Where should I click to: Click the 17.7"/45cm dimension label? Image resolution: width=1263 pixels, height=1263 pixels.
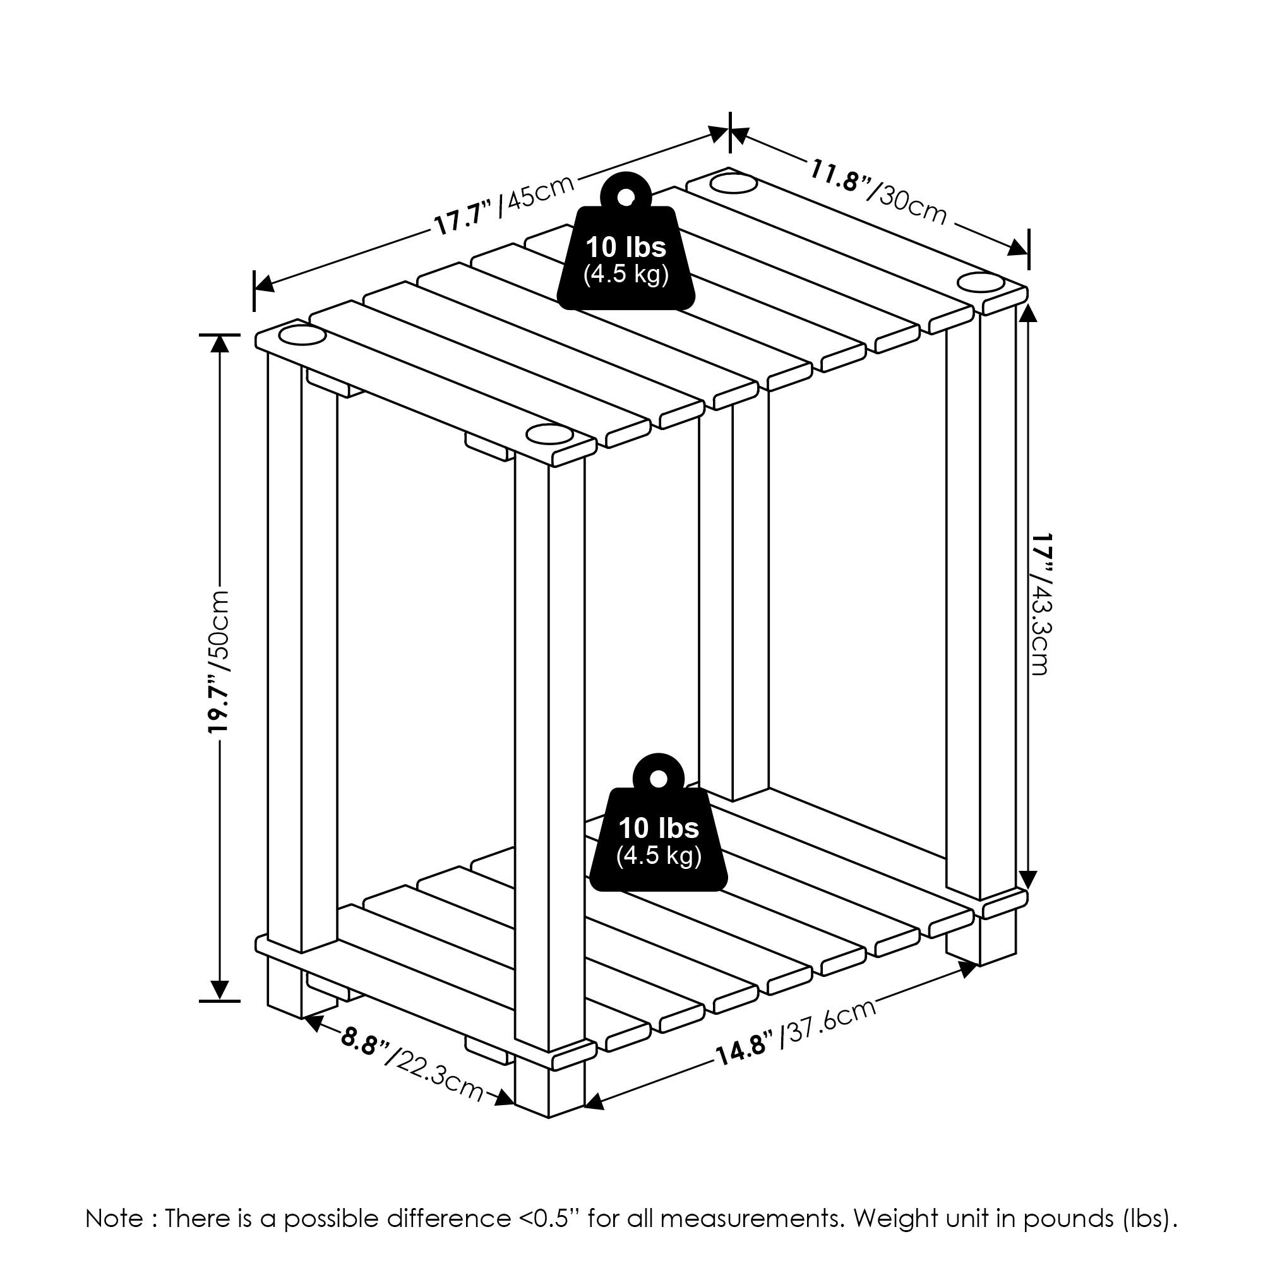point(504,205)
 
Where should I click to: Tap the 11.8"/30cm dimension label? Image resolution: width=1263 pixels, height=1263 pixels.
point(878,191)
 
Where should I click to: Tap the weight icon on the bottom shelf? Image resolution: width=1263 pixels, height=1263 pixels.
point(658,821)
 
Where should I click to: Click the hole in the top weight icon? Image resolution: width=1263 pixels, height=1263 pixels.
point(626,198)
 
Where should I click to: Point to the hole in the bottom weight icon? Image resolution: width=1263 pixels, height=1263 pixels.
point(658,779)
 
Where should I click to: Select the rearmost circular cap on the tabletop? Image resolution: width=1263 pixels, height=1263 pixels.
point(733,183)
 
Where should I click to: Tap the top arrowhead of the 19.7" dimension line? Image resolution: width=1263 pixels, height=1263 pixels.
point(220,343)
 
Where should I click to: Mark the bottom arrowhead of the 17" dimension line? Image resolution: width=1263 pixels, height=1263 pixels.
point(1028,879)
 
